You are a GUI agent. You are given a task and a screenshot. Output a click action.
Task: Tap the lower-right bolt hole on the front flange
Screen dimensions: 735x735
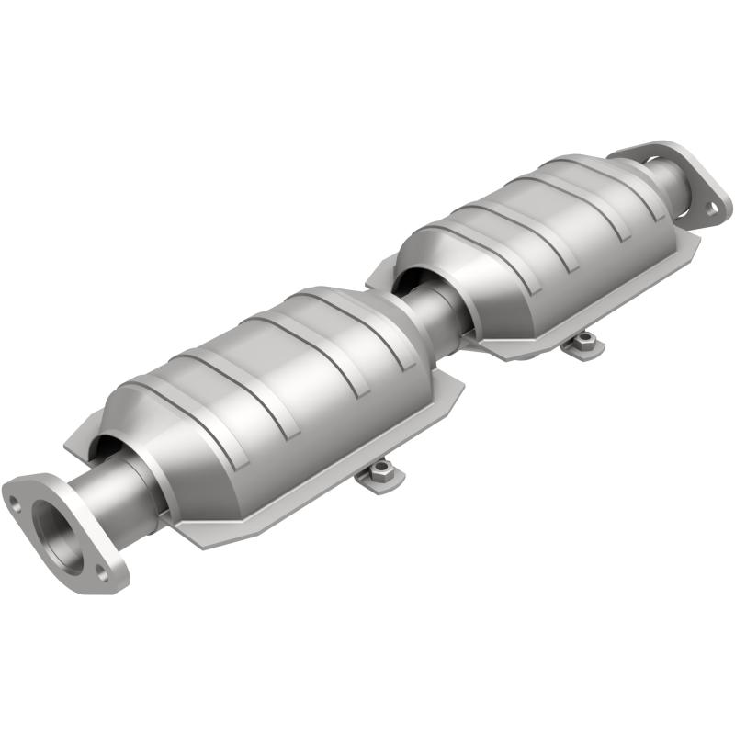click(x=103, y=576)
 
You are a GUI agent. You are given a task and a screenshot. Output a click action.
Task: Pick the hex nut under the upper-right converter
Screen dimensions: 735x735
click(x=582, y=344)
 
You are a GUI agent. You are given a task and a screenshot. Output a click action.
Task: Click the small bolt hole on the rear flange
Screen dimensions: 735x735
click(x=711, y=209)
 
